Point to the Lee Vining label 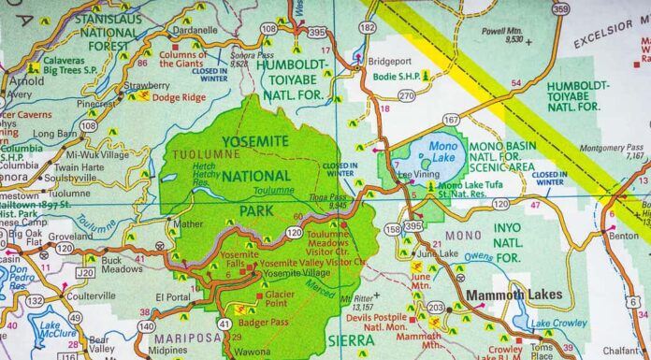[x=418, y=175]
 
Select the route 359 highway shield [x=560, y=9]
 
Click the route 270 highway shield [x=406, y=95]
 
